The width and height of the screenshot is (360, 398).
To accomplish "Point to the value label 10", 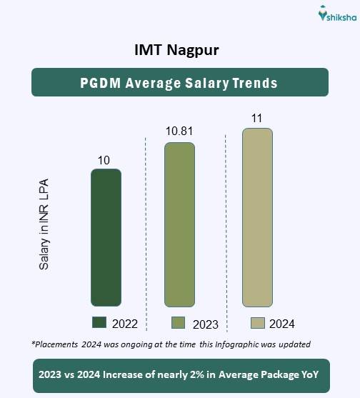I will tap(104, 160).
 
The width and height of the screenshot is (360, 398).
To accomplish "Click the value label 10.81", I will tap(179, 132).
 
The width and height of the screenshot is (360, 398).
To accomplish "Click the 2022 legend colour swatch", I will tap(99, 322).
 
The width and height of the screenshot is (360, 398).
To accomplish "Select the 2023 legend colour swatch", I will tap(179, 322).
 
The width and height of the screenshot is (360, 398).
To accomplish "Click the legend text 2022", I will tap(126, 324).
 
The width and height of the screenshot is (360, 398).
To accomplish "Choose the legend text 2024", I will tap(282, 324).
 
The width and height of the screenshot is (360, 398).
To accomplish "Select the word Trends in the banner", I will tap(254, 82).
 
